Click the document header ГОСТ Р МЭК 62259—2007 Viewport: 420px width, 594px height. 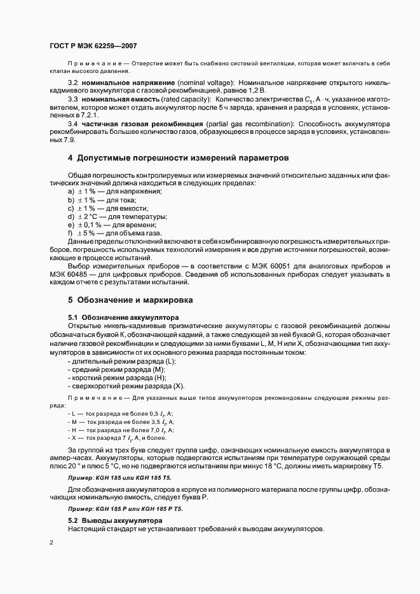tap(93, 46)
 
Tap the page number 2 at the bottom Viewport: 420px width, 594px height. tap(51, 543)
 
